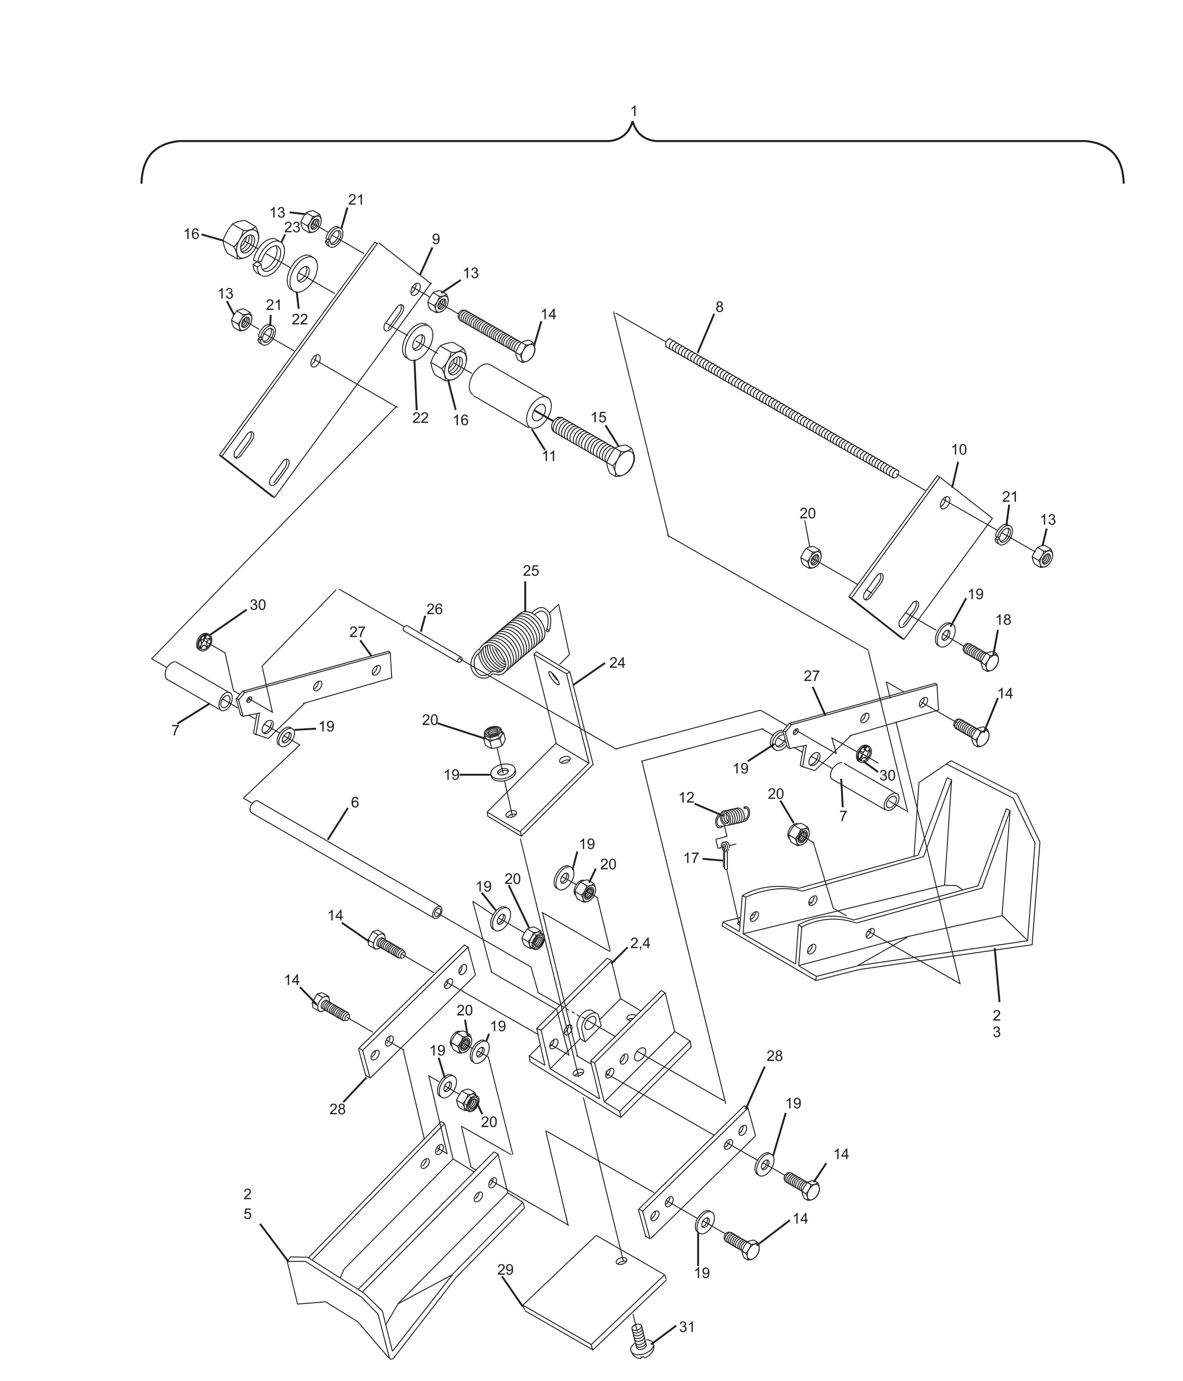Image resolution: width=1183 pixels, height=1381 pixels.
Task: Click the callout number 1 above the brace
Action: [633, 111]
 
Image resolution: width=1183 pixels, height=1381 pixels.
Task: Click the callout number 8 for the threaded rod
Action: [719, 307]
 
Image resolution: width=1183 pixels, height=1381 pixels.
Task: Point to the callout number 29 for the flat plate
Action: [505, 1270]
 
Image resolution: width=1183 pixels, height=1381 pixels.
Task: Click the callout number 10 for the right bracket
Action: [958, 450]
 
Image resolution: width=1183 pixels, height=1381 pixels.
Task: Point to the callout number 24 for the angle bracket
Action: [617, 663]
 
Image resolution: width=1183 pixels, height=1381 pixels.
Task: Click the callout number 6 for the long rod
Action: [354, 803]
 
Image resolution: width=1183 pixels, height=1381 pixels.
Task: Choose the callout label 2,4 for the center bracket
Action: [640, 943]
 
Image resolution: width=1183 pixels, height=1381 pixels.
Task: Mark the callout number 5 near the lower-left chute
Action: [247, 1214]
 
